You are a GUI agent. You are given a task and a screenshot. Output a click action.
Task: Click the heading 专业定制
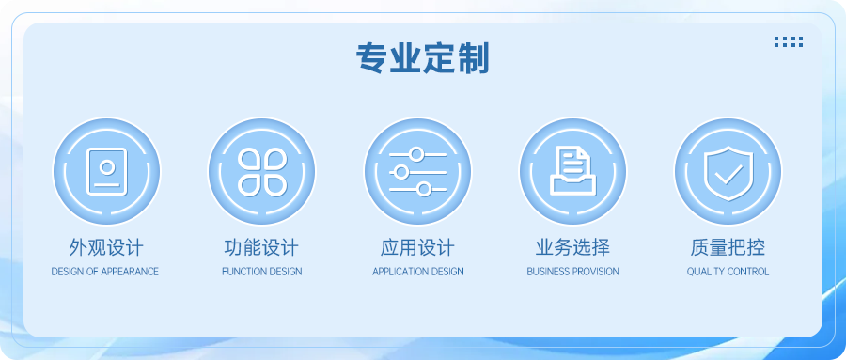tap(422, 59)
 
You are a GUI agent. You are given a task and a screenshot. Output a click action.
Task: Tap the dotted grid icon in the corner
tap(788, 41)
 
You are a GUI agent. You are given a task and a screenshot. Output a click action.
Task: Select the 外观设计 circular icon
tap(106, 171)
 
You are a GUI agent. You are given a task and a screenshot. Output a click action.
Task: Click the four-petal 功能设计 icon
tap(262, 171)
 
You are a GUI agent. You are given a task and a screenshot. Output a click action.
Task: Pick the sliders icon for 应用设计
tap(418, 171)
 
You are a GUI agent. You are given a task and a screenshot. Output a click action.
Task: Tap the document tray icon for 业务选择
tap(573, 171)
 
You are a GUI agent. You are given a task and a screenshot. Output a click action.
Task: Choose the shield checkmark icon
tap(728, 171)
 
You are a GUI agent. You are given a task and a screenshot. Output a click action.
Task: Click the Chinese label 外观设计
tap(106, 248)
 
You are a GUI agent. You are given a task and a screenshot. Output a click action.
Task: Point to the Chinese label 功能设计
tap(261, 248)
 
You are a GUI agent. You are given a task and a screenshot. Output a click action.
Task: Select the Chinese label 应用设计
tap(417, 248)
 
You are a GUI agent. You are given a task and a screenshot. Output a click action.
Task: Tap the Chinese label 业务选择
tap(572, 248)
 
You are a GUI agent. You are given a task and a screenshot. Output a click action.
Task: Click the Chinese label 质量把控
tap(728, 248)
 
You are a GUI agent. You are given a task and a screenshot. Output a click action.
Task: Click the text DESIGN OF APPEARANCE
tap(105, 272)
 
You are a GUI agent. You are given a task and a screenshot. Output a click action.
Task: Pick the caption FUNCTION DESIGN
tap(262, 272)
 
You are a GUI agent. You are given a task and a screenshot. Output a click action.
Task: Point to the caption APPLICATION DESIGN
tap(418, 272)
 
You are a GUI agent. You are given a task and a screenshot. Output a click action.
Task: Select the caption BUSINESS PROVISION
tap(572, 272)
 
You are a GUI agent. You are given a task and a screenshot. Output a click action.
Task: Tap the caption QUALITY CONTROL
tap(728, 272)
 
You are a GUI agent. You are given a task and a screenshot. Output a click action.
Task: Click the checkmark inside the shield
tap(728, 172)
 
